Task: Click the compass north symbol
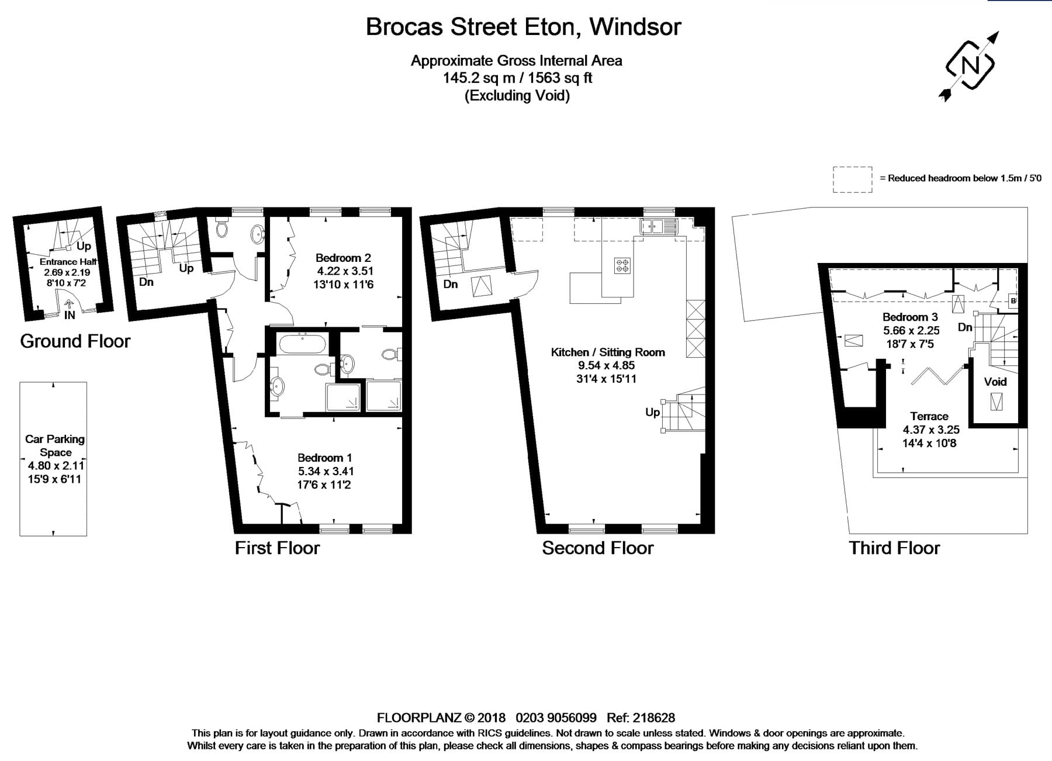[x=970, y=65]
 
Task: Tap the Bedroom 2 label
[x=343, y=258]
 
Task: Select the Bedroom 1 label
[x=325, y=458]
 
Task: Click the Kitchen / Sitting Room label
[x=608, y=352]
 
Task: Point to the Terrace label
[x=929, y=416]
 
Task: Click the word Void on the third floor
[x=995, y=382]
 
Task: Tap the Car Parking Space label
[x=55, y=445]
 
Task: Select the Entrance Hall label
[x=68, y=262]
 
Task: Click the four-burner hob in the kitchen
[x=622, y=266]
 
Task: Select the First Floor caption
[x=277, y=548]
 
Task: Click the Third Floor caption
[x=894, y=548]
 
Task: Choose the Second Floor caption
[x=598, y=548]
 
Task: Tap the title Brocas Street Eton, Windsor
[x=524, y=27]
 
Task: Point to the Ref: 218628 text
[x=641, y=718]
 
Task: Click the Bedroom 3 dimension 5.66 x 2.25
[x=911, y=330]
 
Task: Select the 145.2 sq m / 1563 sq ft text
[x=517, y=78]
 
